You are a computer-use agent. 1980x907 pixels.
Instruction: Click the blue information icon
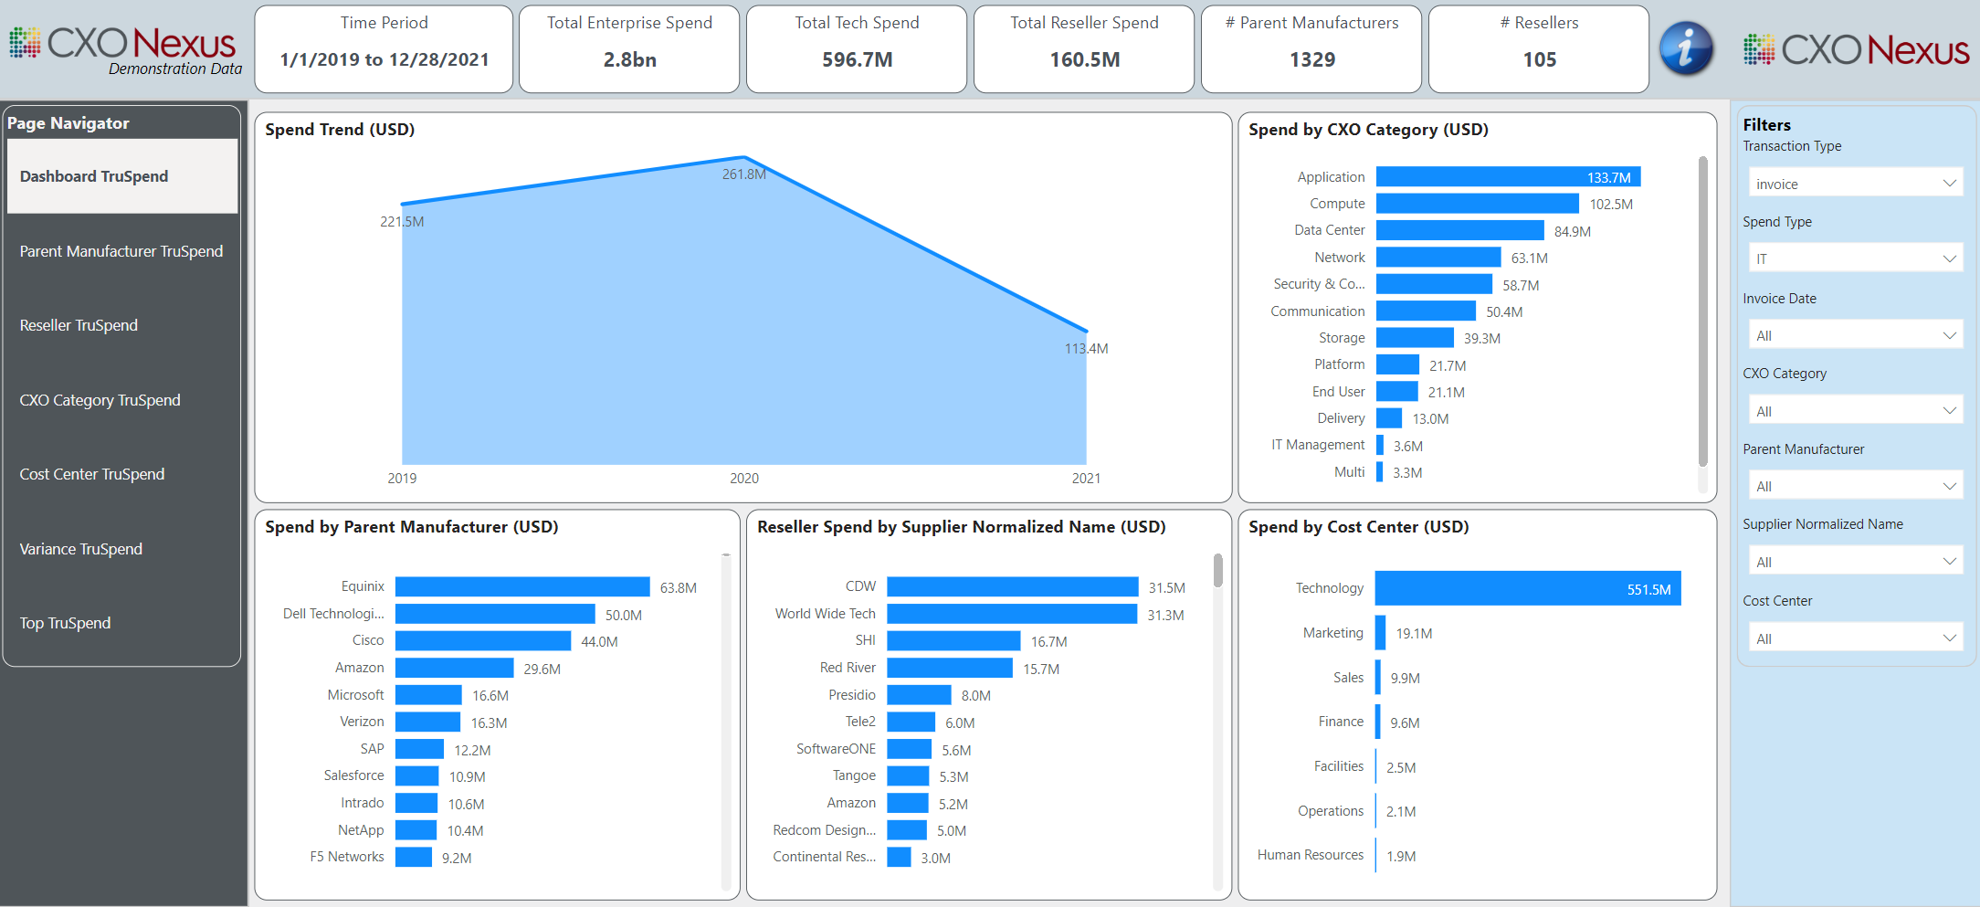click(1685, 48)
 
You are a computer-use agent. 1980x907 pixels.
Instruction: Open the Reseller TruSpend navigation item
click(79, 325)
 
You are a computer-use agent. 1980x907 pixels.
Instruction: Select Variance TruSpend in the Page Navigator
click(81, 549)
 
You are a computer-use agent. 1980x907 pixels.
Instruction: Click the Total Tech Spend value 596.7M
click(857, 59)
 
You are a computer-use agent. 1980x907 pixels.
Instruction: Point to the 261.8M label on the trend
click(743, 174)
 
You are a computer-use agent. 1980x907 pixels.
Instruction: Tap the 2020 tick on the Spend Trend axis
click(743, 479)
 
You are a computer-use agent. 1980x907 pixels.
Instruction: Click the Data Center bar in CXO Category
click(1459, 230)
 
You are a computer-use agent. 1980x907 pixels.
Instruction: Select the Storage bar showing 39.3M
click(1414, 338)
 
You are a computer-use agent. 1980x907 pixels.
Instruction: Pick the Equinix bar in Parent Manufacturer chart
click(521, 586)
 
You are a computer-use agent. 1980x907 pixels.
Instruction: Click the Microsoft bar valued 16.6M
click(428, 695)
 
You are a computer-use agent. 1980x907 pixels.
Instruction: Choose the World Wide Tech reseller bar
click(1011, 614)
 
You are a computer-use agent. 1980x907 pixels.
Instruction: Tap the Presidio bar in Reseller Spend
click(918, 695)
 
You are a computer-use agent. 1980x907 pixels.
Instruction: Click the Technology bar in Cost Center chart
click(1527, 588)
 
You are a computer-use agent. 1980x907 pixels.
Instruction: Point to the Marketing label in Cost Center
click(1332, 633)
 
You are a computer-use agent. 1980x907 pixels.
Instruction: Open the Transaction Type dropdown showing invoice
click(1854, 184)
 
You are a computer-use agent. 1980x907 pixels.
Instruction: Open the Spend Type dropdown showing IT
click(1854, 258)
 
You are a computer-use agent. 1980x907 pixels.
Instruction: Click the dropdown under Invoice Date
click(1854, 335)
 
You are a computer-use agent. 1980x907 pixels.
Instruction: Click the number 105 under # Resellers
click(1539, 59)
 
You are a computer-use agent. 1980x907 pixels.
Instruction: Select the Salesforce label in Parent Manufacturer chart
click(353, 775)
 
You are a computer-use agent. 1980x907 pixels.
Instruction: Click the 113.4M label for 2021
click(1086, 349)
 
